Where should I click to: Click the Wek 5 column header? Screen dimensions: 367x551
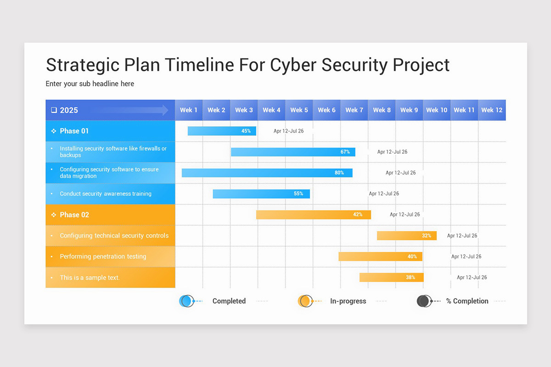pos(299,110)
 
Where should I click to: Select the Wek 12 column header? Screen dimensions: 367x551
pos(492,110)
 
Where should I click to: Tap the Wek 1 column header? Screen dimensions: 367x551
pos(189,110)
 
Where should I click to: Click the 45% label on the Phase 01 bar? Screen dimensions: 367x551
pos(246,131)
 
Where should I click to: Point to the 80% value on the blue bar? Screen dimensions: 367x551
pos(339,173)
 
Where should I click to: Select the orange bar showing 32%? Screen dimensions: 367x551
pos(406,236)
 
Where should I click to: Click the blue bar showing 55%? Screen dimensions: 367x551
pos(261,194)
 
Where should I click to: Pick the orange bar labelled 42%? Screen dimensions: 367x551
pos(313,215)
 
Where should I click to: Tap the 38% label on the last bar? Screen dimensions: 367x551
pos(410,278)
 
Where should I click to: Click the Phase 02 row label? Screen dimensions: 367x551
pos(74,215)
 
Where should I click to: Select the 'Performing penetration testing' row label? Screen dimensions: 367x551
pos(103,256)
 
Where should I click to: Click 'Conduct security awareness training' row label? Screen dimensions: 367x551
pos(106,194)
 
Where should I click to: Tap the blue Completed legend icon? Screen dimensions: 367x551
pos(186,301)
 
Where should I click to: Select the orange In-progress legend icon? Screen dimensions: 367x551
pos(305,301)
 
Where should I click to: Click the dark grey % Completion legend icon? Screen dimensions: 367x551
pos(424,301)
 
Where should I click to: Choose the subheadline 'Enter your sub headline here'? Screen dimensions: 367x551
pos(90,83)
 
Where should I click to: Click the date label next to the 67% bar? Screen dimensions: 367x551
pos(392,152)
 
